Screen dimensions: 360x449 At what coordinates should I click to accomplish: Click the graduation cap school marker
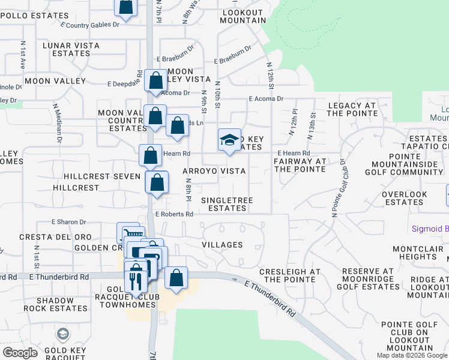[x=229, y=140]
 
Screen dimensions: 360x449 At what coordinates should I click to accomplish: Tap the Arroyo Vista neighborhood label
[x=214, y=171]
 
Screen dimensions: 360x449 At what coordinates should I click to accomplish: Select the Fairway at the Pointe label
[x=300, y=165]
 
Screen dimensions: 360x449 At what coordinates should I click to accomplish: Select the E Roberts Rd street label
[x=174, y=214]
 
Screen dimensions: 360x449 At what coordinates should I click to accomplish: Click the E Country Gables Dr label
[x=90, y=25]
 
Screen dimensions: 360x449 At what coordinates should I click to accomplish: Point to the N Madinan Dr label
[x=57, y=122]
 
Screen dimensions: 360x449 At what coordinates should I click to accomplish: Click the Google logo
[x=20, y=352]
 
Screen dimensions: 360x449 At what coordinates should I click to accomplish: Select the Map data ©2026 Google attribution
[x=412, y=355]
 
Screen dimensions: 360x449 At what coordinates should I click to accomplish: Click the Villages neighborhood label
[x=222, y=245]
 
